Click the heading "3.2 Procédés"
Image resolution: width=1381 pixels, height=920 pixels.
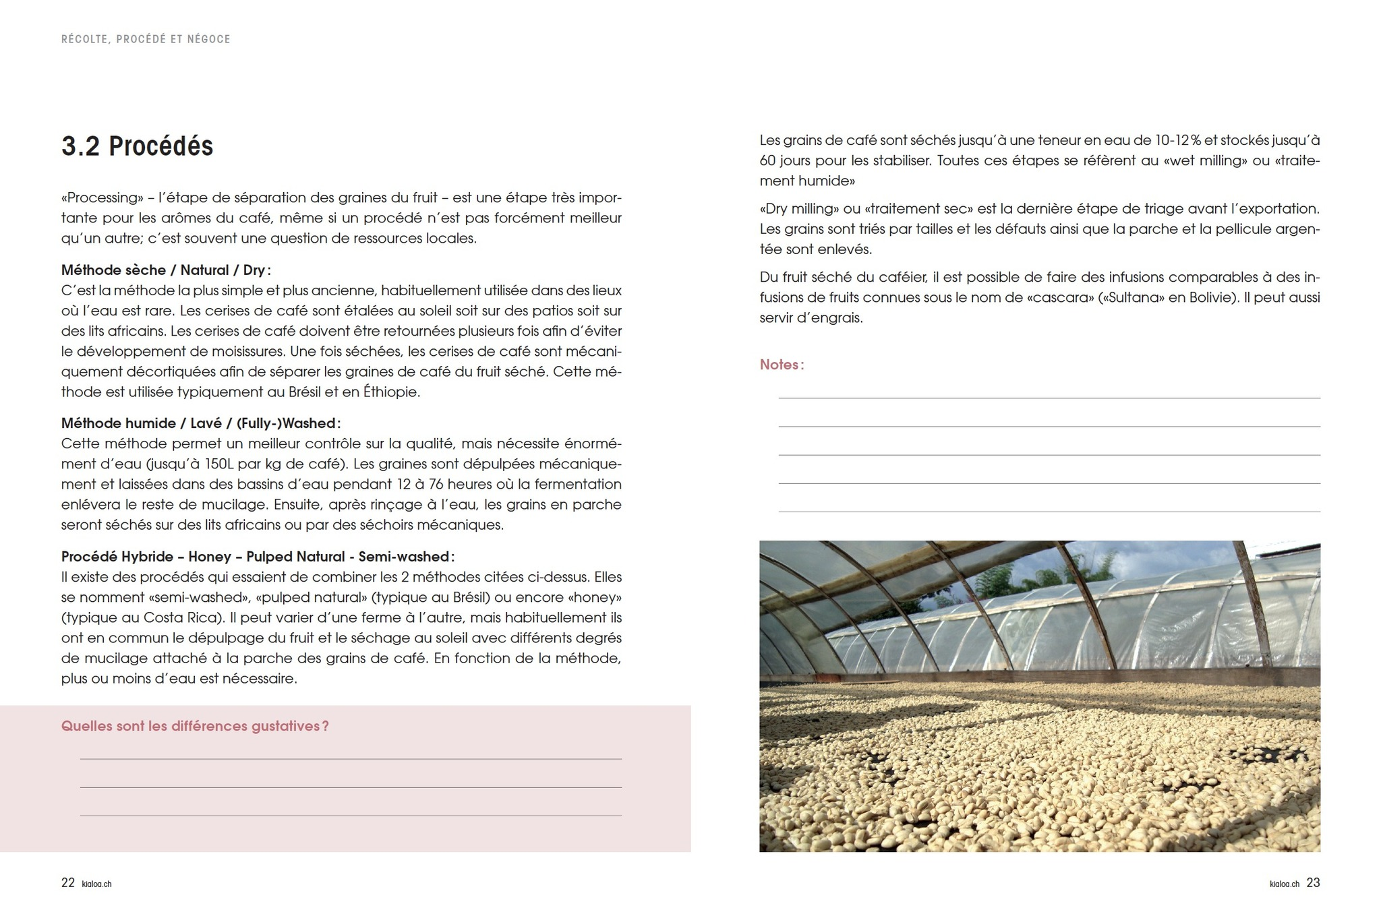(137, 146)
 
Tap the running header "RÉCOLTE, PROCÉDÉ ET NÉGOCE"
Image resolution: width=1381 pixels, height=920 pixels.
(146, 39)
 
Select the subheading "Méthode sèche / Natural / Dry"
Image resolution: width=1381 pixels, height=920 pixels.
(165, 270)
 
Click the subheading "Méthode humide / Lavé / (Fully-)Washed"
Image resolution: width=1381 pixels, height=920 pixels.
(200, 423)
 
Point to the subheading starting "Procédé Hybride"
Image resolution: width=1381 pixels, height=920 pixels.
(257, 557)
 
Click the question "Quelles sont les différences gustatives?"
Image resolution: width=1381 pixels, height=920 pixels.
(195, 726)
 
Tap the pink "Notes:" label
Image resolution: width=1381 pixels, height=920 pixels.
(782, 365)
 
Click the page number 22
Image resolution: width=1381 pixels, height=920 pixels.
(68, 883)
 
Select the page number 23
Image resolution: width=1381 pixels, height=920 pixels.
(1313, 883)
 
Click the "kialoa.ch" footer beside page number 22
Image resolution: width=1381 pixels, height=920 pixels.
(96, 884)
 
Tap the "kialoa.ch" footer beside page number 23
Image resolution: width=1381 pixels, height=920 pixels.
(1284, 884)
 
